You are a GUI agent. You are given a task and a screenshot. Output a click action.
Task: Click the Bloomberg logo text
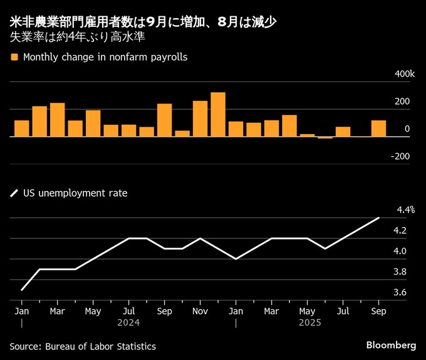(391, 346)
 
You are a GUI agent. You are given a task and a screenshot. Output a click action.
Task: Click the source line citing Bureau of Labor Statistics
(83, 346)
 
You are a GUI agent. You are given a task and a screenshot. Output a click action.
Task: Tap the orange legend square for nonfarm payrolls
(14, 57)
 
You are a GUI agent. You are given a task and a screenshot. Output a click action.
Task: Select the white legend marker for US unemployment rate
(14, 194)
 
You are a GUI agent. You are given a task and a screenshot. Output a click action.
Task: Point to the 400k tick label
(405, 75)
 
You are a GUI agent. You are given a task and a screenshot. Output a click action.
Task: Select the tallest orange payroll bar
(218, 114)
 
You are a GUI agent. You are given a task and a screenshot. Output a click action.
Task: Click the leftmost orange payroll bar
(22, 128)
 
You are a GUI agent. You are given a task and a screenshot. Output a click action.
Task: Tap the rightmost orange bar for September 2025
(378, 128)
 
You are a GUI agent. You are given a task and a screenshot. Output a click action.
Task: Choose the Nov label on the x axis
(200, 311)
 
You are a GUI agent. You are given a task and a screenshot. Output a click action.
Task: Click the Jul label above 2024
(128, 311)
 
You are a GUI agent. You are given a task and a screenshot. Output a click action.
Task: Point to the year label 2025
(309, 323)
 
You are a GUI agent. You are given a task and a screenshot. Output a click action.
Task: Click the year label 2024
(128, 323)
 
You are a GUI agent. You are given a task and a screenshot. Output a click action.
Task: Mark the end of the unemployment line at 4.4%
(378, 218)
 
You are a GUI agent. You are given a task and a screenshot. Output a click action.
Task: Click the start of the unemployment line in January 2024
(22, 290)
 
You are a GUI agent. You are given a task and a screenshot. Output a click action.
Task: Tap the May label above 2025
(307, 311)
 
